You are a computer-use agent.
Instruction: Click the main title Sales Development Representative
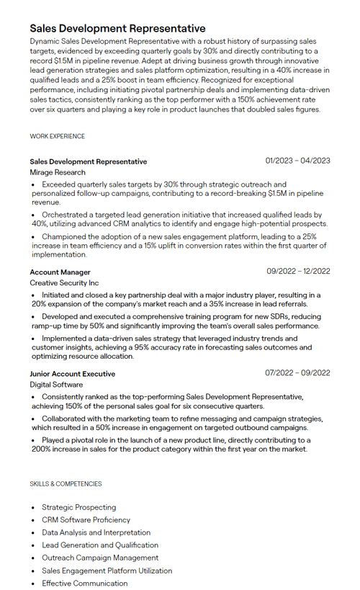coord(117,28)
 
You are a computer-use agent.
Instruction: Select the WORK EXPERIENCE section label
coord(57,136)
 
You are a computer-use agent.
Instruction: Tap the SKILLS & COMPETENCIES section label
coord(66,484)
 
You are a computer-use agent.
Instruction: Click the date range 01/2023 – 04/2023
coord(297,161)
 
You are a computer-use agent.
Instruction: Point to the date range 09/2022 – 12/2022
coord(298,272)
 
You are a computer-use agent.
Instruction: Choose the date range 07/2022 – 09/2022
coord(298,373)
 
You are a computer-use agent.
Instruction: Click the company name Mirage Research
coord(58,173)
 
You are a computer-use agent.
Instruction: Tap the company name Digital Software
coord(56,385)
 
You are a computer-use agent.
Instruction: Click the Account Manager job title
coord(60,272)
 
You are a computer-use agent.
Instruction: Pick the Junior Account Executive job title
coord(72,374)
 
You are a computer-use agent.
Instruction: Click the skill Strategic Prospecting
coord(78,507)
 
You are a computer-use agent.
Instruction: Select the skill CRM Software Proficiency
coord(86,520)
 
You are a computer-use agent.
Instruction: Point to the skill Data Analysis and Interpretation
coord(96,532)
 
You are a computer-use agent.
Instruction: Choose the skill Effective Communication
coord(84,584)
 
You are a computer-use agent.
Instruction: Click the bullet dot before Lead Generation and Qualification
coord(33,545)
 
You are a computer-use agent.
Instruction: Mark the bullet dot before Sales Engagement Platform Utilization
coord(33,571)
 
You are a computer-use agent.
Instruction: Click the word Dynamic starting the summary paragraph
coord(46,42)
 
